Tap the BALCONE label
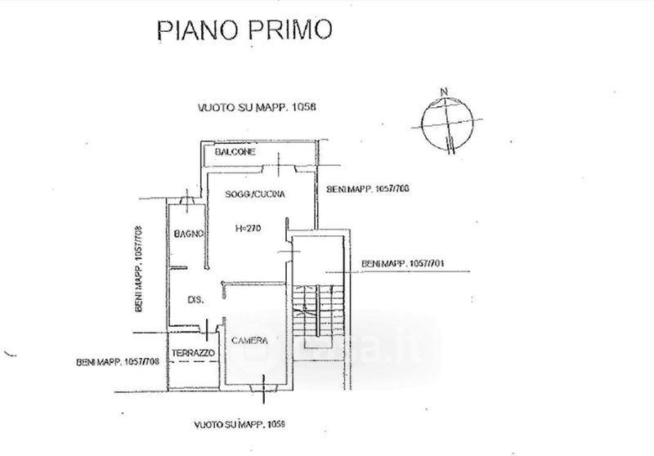point(235,153)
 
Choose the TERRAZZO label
point(193,353)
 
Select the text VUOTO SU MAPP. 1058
point(245,107)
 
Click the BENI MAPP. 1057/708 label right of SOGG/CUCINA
point(368,190)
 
